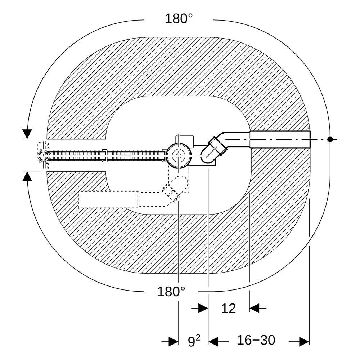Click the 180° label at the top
pyautogui.click(x=179, y=19)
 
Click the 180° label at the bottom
pyautogui.click(x=171, y=292)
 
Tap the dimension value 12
pyautogui.click(x=229, y=309)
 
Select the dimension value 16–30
pyautogui.click(x=256, y=340)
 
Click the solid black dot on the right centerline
pyautogui.click(x=330, y=139)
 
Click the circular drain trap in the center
pyautogui.click(x=179, y=156)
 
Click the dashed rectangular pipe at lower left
pyautogui.click(x=108, y=199)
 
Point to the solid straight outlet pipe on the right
pyautogui.click(x=280, y=139)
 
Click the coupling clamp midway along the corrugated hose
pyautogui.click(x=105, y=156)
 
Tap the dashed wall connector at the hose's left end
pyautogui.click(x=43, y=156)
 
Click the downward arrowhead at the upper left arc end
pyautogui.click(x=27, y=134)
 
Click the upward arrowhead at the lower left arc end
pyautogui.click(x=27, y=176)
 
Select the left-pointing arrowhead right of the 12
pyautogui.click(x=254, y=308)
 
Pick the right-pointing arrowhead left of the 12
pyautogui.click(x=203, y=308)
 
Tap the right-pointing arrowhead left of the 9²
pyautogui.click(x=174, y=342)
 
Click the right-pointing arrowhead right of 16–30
pyautogui.click(x=304, y=342)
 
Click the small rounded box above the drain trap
pyautogui.click(x=185, y=140)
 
